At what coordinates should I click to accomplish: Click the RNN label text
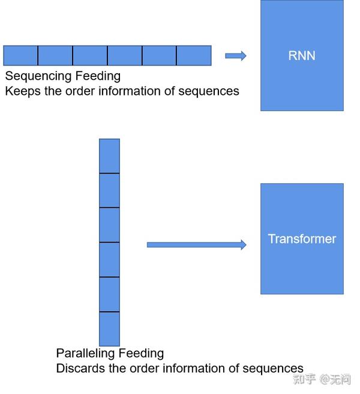(x=302, y=56)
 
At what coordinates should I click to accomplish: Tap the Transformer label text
(x=302, y=239)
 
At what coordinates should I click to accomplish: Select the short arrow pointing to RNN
(x=235, y=56)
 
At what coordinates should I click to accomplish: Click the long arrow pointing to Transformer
(x=196, y=244)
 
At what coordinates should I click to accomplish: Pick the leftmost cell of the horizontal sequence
(x=20, y=55)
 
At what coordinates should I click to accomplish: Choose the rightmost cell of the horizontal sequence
(x=194, y=55)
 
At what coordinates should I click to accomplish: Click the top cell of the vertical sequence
(x=109, y=156)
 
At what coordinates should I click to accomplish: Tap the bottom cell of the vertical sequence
(x=109, y=329)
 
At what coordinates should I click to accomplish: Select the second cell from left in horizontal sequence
(x=55, y=55)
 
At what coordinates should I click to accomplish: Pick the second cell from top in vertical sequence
(x=109, y=190)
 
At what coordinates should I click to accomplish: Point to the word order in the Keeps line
(x=87, y=91)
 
